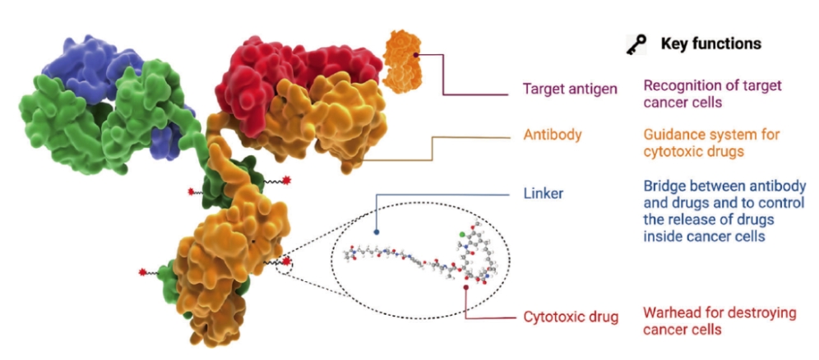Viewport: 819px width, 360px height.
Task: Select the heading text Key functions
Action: (710, 44)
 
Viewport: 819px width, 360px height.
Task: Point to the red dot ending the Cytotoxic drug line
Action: (466, 287)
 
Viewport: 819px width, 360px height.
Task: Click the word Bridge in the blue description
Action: (663, 187)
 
